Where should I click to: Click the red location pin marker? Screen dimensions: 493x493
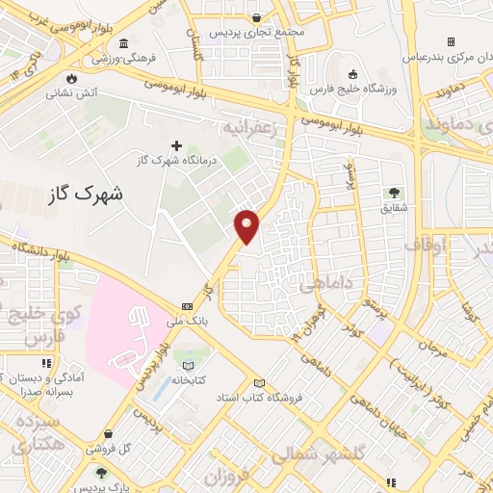point(247,225)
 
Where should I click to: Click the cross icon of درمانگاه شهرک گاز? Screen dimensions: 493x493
point(175,145)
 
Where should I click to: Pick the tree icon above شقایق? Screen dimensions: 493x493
point(394,192)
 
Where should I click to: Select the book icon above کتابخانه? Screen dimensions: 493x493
point(188,366)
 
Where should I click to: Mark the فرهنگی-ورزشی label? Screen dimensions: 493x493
point(116,59)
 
